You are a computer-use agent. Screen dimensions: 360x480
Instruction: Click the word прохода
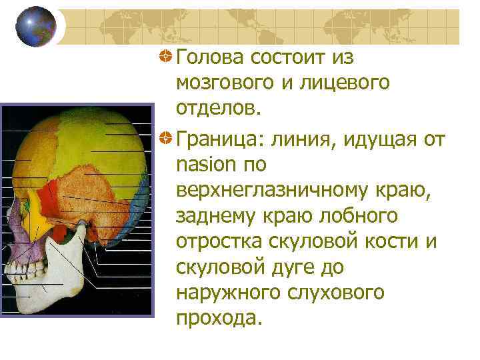pos(216,318)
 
